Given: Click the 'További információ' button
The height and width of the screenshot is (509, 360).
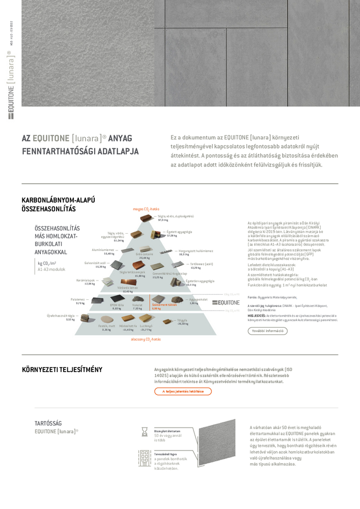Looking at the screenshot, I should click(x=267, y=331).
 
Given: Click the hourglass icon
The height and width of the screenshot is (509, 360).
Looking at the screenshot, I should click(x=145, y=432).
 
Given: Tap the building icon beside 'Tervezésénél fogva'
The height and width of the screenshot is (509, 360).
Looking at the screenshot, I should click(x=144, y=458).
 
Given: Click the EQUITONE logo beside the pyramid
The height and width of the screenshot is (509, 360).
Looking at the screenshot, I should click(x=226, y=302).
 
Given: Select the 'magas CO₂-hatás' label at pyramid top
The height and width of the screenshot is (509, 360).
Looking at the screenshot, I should click(x=146, y=209).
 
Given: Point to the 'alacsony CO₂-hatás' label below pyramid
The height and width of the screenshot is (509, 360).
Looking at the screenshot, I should click(x=146, y=339).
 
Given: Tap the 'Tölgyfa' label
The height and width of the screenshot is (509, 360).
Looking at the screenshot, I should click(x=182, y=320).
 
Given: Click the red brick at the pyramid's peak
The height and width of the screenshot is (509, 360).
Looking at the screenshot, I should click(x=146, y=218).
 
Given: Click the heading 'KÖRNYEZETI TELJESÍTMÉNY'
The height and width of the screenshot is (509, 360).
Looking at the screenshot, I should click(x=62, y=370).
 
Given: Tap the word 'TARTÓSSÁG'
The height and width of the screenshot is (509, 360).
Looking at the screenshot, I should click(x=48, y=423).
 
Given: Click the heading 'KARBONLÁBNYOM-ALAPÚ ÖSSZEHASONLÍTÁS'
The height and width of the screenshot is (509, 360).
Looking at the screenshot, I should click(x=59, y=204).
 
